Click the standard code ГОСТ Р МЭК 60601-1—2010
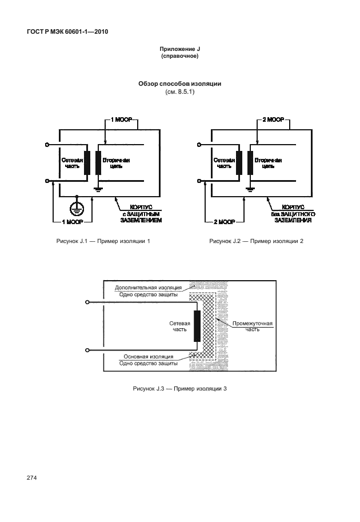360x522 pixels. coord(67,31)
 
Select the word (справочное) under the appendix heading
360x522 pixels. coord(179,58)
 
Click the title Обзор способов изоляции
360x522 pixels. coord(179,83)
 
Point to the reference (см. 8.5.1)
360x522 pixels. coord(179,91)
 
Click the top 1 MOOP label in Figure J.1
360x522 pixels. coord(121,121)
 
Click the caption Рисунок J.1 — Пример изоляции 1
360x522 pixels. coord(103,241)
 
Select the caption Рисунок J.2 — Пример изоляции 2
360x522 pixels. coord(256,241)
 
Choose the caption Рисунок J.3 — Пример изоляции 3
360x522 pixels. coord(179,389)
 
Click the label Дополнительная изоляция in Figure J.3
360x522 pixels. coord(148,287)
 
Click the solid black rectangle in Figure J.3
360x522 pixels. coord(197,326)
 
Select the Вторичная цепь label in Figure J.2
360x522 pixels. coord(268,164)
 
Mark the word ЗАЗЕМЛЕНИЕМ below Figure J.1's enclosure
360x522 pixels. coord(141,220)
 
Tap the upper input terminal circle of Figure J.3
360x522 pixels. coord(86,302)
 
